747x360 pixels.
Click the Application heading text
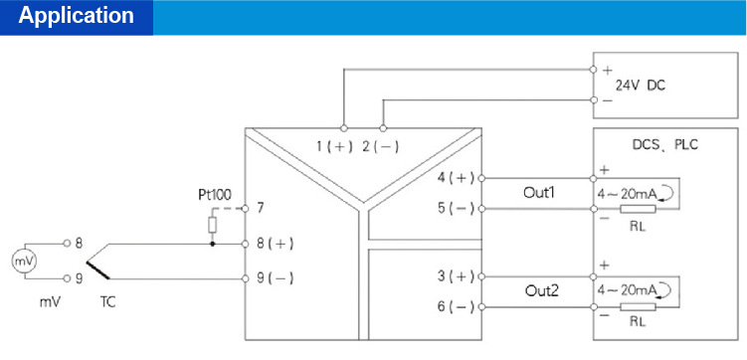click(x=77, y=17)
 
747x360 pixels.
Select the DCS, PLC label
click(x=665, y=145)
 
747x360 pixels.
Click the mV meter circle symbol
click(x=22, y=261)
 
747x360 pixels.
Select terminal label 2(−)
click(x=379, y=146)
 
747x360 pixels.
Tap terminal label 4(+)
click(x=457, y=179)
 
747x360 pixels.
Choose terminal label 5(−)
click(x=457, y=209)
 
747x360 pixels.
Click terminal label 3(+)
click(x=457, y=275)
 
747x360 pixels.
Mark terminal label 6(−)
click(x=457, y=306)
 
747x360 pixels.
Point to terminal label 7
click(x=260, y=209)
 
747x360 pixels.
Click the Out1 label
click(x=539, y=193)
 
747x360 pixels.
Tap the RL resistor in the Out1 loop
click(x=637, y=209)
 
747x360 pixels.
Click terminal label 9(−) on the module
click(x=274, y=278)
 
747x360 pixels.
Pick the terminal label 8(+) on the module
click(x=274, y=243)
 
